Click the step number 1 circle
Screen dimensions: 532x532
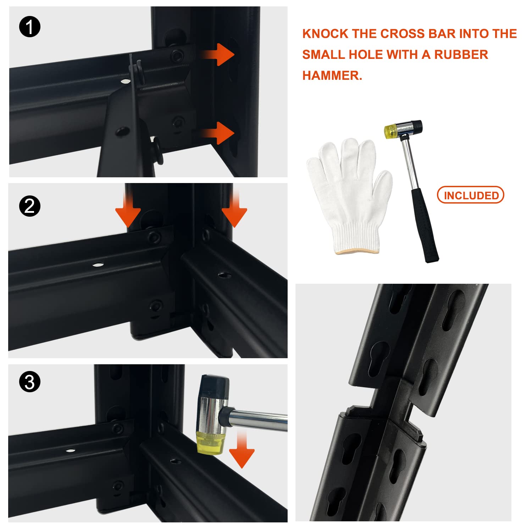pos(30,27)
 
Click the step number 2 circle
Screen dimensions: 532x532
pos(30,206)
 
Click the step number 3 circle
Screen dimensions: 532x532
pos(30,382)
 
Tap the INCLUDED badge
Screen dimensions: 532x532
pos(471,195)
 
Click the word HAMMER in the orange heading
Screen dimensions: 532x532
pos(332,75)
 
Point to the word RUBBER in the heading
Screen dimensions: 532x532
pos(461,55)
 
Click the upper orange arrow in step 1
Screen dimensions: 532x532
pos(217,55)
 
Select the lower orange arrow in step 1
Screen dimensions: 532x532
pos(217,133)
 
